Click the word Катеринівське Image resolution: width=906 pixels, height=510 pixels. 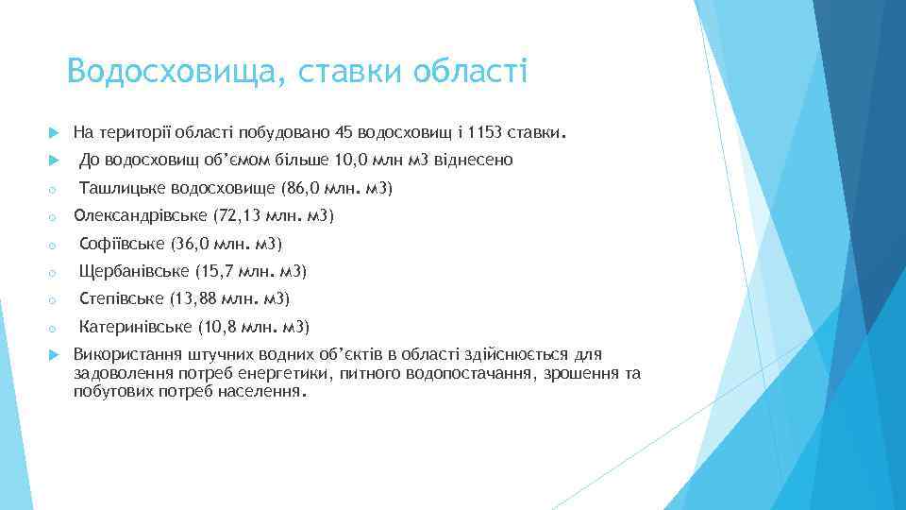tap(136, 328)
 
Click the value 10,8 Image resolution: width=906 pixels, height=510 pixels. tap(218, 328)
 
